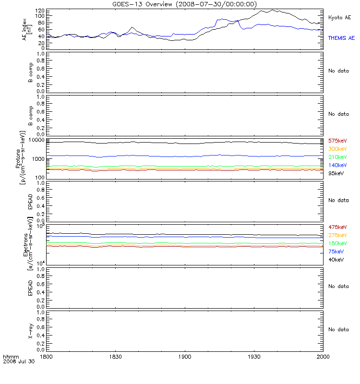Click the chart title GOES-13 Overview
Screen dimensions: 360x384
point(142,4)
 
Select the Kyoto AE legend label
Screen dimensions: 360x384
point(340,17)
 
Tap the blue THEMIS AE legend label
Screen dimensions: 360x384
point(341,38)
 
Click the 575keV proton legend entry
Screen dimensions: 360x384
point(337,141)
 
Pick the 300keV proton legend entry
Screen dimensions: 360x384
point(337,149)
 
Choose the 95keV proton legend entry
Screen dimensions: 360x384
point(336,173)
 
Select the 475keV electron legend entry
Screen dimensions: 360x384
point(337,227)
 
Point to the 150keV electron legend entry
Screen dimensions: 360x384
point(337,243)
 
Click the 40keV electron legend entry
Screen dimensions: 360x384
point(336,260)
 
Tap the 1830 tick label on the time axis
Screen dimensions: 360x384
point(115,357)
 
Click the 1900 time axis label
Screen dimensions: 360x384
point(185,357)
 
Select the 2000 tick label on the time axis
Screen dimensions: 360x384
point(323,357)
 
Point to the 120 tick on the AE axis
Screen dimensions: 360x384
point(40,11)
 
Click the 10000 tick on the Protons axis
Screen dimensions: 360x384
point(37,140)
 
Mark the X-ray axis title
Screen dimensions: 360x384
point(30,331)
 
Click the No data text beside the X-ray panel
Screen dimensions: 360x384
point(338,329)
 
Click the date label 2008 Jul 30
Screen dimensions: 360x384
point(19,361)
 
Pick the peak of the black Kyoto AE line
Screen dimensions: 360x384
point(272,10)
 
